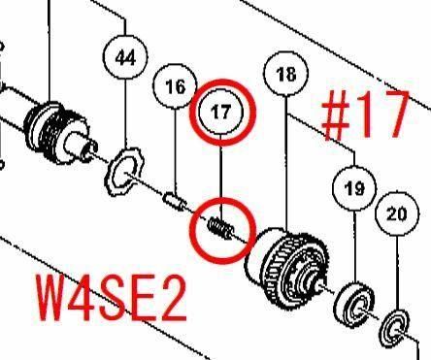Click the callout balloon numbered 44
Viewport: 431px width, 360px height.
click(x=125, y=57)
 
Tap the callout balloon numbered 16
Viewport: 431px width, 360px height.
click(x=175, y=86)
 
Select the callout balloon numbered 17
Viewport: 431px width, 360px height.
click(x=221, y=112)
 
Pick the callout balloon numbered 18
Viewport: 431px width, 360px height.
click(x=286, y=74)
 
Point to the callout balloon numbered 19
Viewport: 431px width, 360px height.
click(x=354, y=187)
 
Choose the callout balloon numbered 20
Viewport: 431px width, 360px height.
click(x=397, y=213)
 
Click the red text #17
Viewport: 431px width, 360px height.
click(x=365, y=115)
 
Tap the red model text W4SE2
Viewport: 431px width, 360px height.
click(x=111, y=297)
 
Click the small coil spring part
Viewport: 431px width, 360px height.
click(x=221, y=228)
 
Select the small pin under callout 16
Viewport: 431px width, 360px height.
click(x=175, y=201)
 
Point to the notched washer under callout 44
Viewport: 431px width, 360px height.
click(x=125, y=172)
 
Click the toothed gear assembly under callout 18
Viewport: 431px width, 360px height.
click(x=288, y=270)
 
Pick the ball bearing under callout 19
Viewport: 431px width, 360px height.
click(x=353, y=304)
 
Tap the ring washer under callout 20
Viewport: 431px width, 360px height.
click(x=395, y=327)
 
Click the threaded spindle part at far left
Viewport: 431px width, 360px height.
click(x=58, y=132)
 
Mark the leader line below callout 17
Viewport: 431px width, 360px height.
click(x=221, y=178)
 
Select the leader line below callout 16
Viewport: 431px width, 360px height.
click(x=176, y=150)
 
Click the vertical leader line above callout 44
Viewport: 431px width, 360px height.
click(x=125, y=26)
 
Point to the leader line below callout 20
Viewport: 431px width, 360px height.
click(x=397, y=273)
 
